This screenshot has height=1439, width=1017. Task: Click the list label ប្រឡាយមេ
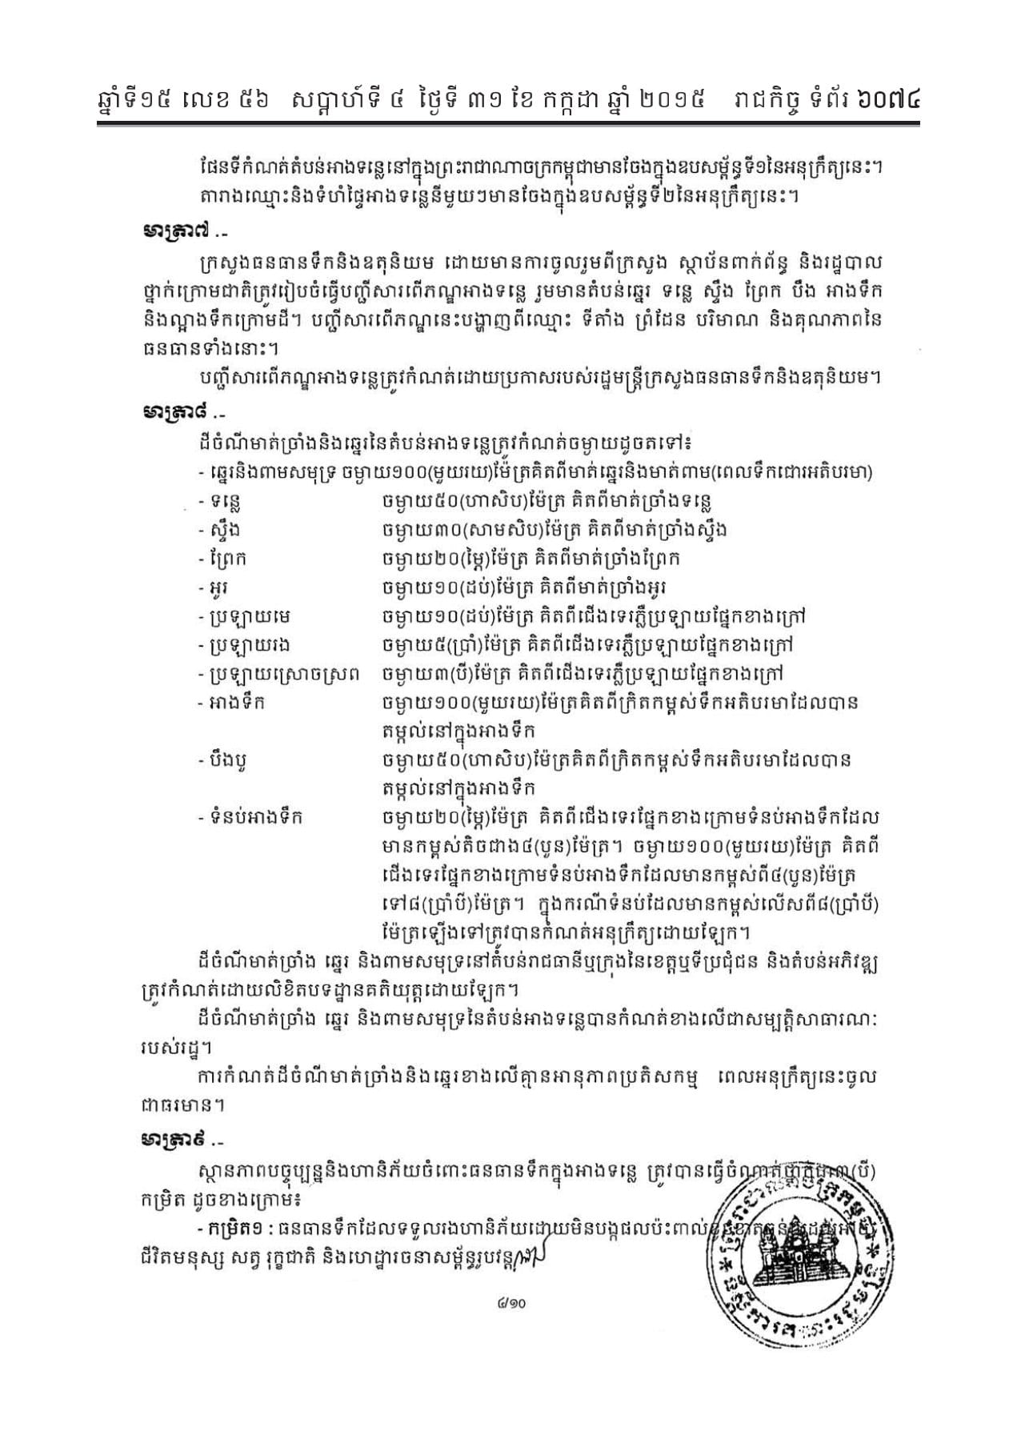coord(239,616)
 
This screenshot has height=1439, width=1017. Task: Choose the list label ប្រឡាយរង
coord(240,645)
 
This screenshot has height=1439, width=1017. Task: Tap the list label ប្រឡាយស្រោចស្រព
coord(281,674)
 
